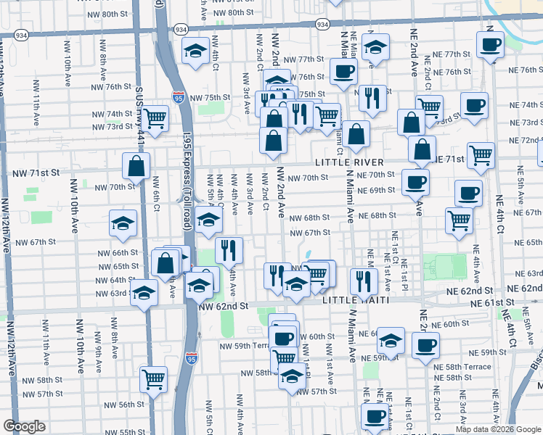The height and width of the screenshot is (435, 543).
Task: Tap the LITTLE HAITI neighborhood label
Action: pos(355,299)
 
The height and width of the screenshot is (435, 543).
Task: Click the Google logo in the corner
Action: pos(24,426)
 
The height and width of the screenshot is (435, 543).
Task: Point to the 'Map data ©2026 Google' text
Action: pos(498,429)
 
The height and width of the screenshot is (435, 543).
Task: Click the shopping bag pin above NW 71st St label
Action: pos(136,166)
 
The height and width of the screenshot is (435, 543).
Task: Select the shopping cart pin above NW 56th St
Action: pos(153,378)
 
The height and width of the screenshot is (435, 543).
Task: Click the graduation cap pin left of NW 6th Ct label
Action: pos(123,223)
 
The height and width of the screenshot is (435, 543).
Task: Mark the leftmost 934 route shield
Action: pos(20,35)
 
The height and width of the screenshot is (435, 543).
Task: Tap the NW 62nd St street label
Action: pos(224,307)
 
